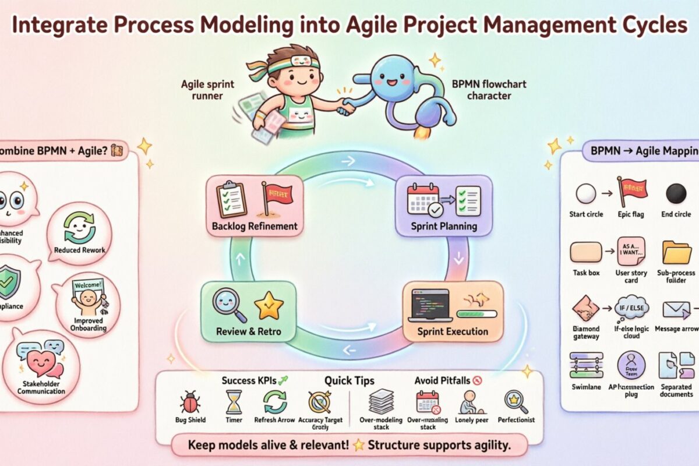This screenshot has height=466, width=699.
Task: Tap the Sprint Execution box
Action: coord(453,312)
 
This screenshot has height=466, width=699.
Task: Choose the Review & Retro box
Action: coord(248,312)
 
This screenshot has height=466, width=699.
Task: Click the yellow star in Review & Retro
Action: coord(269,306)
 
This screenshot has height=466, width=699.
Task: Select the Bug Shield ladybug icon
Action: coord(190,402)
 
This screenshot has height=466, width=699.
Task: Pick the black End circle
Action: coord(676,193)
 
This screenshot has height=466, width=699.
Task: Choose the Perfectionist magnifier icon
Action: coord(516,401)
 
